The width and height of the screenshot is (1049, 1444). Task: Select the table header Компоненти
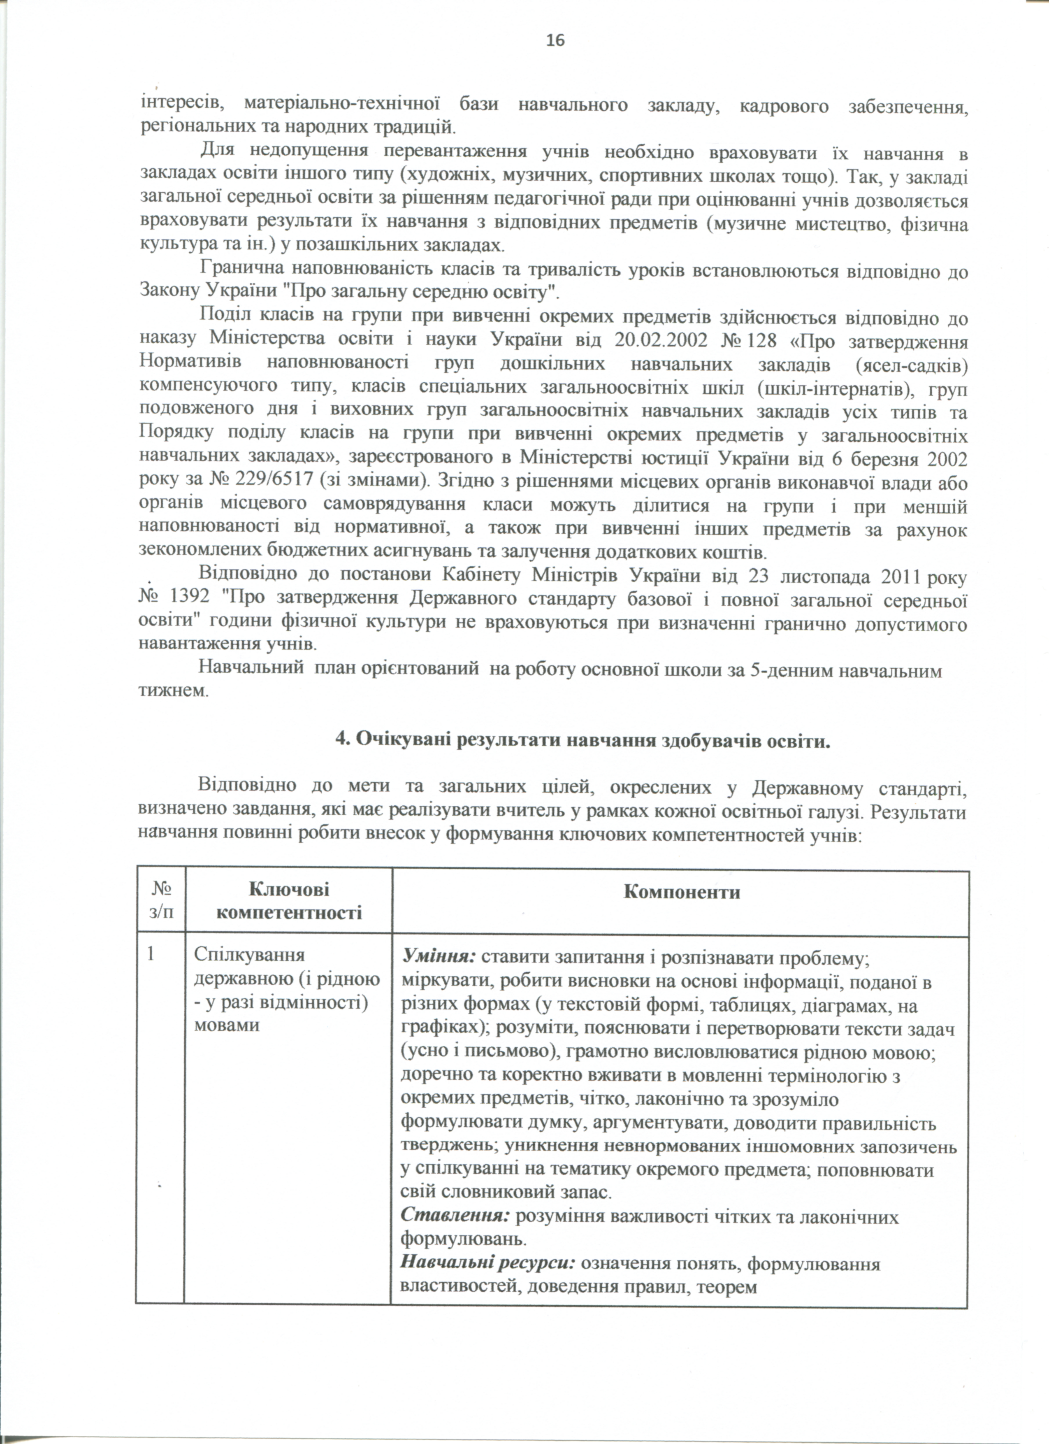pos(682,891)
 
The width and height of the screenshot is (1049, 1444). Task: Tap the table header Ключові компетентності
pos(288,902)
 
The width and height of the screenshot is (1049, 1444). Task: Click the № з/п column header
pos(160,902)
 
